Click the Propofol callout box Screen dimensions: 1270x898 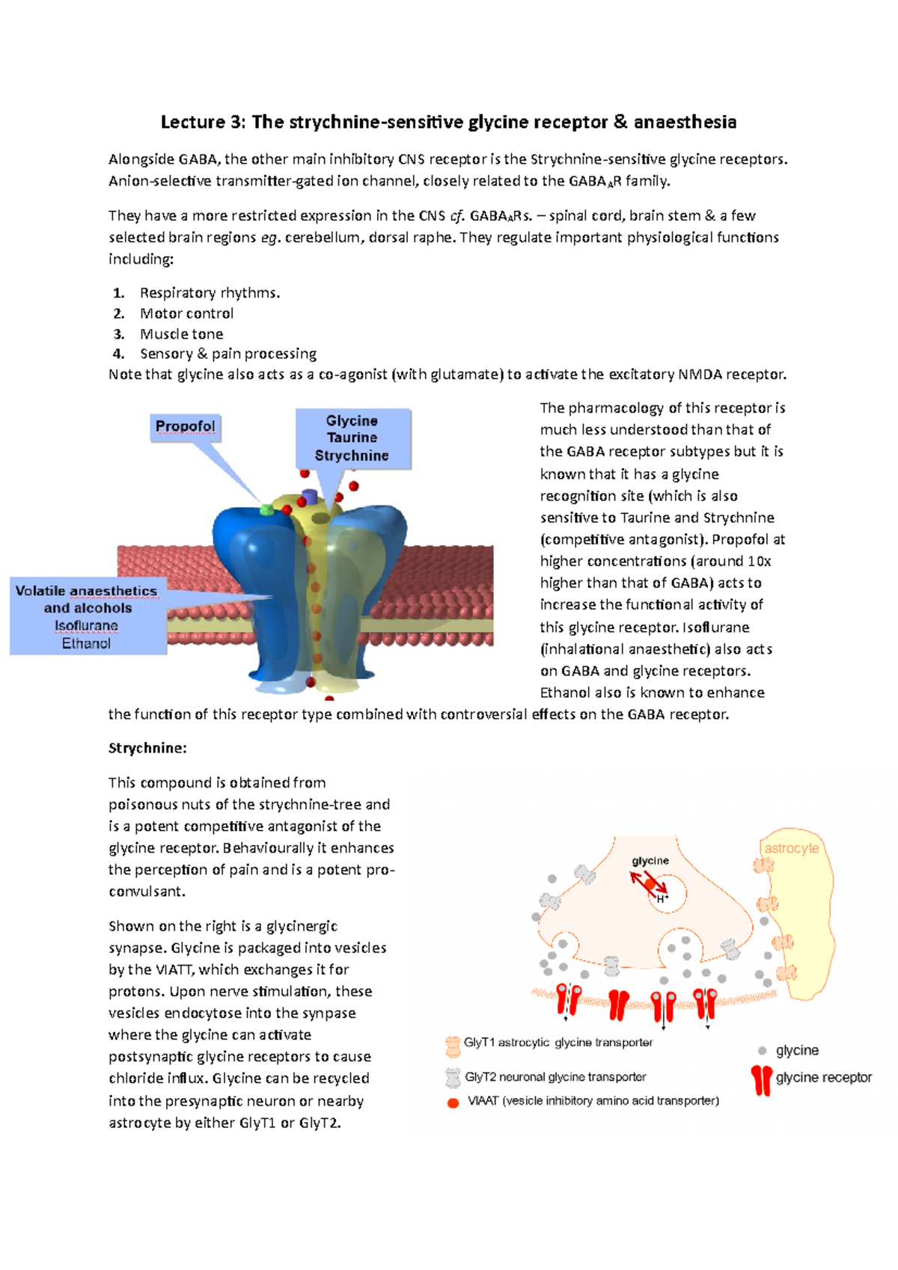click(x=185, y=426)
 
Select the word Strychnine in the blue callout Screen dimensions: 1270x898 click(x=352, y=455)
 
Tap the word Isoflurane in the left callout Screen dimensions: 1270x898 click(x=86, y=625)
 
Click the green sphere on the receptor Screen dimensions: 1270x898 click(x=266, y=510)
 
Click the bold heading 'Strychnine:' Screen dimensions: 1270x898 click(x=147, y=748)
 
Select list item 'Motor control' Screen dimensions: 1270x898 click(x=186, y=313)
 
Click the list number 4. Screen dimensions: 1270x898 click(x=117, y=354)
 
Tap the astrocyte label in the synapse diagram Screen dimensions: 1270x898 click(x=791, y=848)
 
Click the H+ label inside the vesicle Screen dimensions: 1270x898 click(x=662, y=898)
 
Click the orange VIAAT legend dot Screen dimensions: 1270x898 click(x=453, y=1102)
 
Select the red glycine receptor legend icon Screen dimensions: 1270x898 click(x=761, y=1079)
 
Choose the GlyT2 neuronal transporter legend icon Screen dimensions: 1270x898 click(x=452, y=1078)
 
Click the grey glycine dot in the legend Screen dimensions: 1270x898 click(x=762, y=1051)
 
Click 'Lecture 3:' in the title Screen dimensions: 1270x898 click(x=203, y=122)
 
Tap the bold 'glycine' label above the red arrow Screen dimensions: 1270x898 click(x=650, y=861)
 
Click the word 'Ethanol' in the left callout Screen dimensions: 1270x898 click(x=86, y=643)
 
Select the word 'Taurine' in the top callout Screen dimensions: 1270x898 click(x=352, y=438)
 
